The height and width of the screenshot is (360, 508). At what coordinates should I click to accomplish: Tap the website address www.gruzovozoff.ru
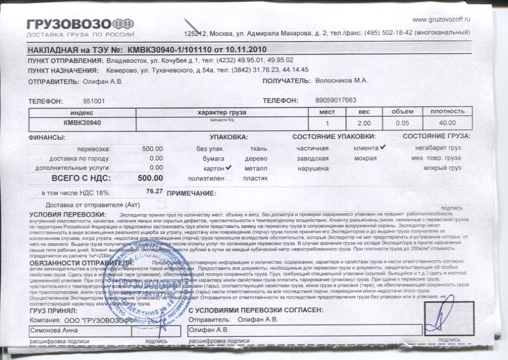click(x=443, y=20)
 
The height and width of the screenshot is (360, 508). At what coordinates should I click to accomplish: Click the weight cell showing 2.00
click(x=364, y=123)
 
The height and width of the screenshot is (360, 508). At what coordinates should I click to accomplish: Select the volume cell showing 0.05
click(x=402, y=123)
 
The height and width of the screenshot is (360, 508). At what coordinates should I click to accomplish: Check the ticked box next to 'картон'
click(x=228, y=169)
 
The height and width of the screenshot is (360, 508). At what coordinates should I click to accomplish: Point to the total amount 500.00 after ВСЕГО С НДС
click(x=150, y=178)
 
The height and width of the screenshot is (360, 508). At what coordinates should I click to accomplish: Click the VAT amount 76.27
click(x=154, y=191)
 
